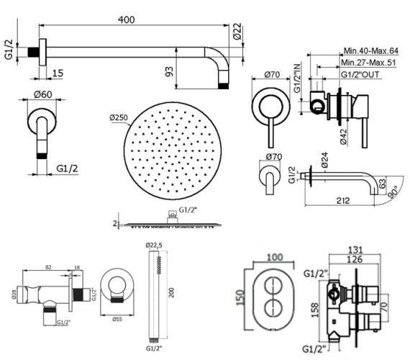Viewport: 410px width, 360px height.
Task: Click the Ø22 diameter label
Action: pyautogui.click(x=237, y=31)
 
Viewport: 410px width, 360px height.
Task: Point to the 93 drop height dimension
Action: pyautogui.click(x=188, y=73)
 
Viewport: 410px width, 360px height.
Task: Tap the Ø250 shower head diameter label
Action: pyautogui.click(x=119, y=117)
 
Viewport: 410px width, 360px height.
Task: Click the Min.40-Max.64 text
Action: pyautogui.click(x=370, y=51)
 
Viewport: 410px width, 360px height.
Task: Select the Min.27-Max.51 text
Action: pyautogui.click(x=370, y=63)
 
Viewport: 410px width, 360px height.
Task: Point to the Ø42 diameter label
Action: pyautogui.click(x=343, y=135)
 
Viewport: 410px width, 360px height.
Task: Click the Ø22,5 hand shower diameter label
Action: pyautogui.click(x=155, y=245)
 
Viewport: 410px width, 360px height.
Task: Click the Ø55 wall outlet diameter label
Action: pyautogui.click(x=116, y=318)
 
